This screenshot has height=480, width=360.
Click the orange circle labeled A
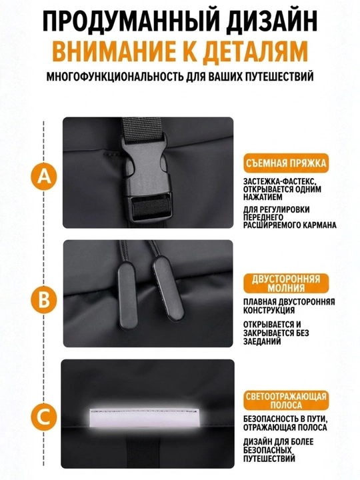(x=45, y=176)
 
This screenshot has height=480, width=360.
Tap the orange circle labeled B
(x=45, y=299)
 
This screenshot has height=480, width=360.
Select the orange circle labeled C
(x=45, y=417)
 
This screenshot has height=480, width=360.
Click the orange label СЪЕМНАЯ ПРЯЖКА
(x=286, y=163)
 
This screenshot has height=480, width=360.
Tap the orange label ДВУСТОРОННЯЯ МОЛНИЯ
(x=286, y=283)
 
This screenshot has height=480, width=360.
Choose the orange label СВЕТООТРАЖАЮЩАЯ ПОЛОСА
(x=286, y=401)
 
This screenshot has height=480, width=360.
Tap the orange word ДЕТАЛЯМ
(x=255, y=51)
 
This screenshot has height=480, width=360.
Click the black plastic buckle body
(x=147, y=177)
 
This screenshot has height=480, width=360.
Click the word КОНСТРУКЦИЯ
(x=269, y=311)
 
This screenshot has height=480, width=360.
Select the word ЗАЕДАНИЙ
(x=262, y=341)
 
